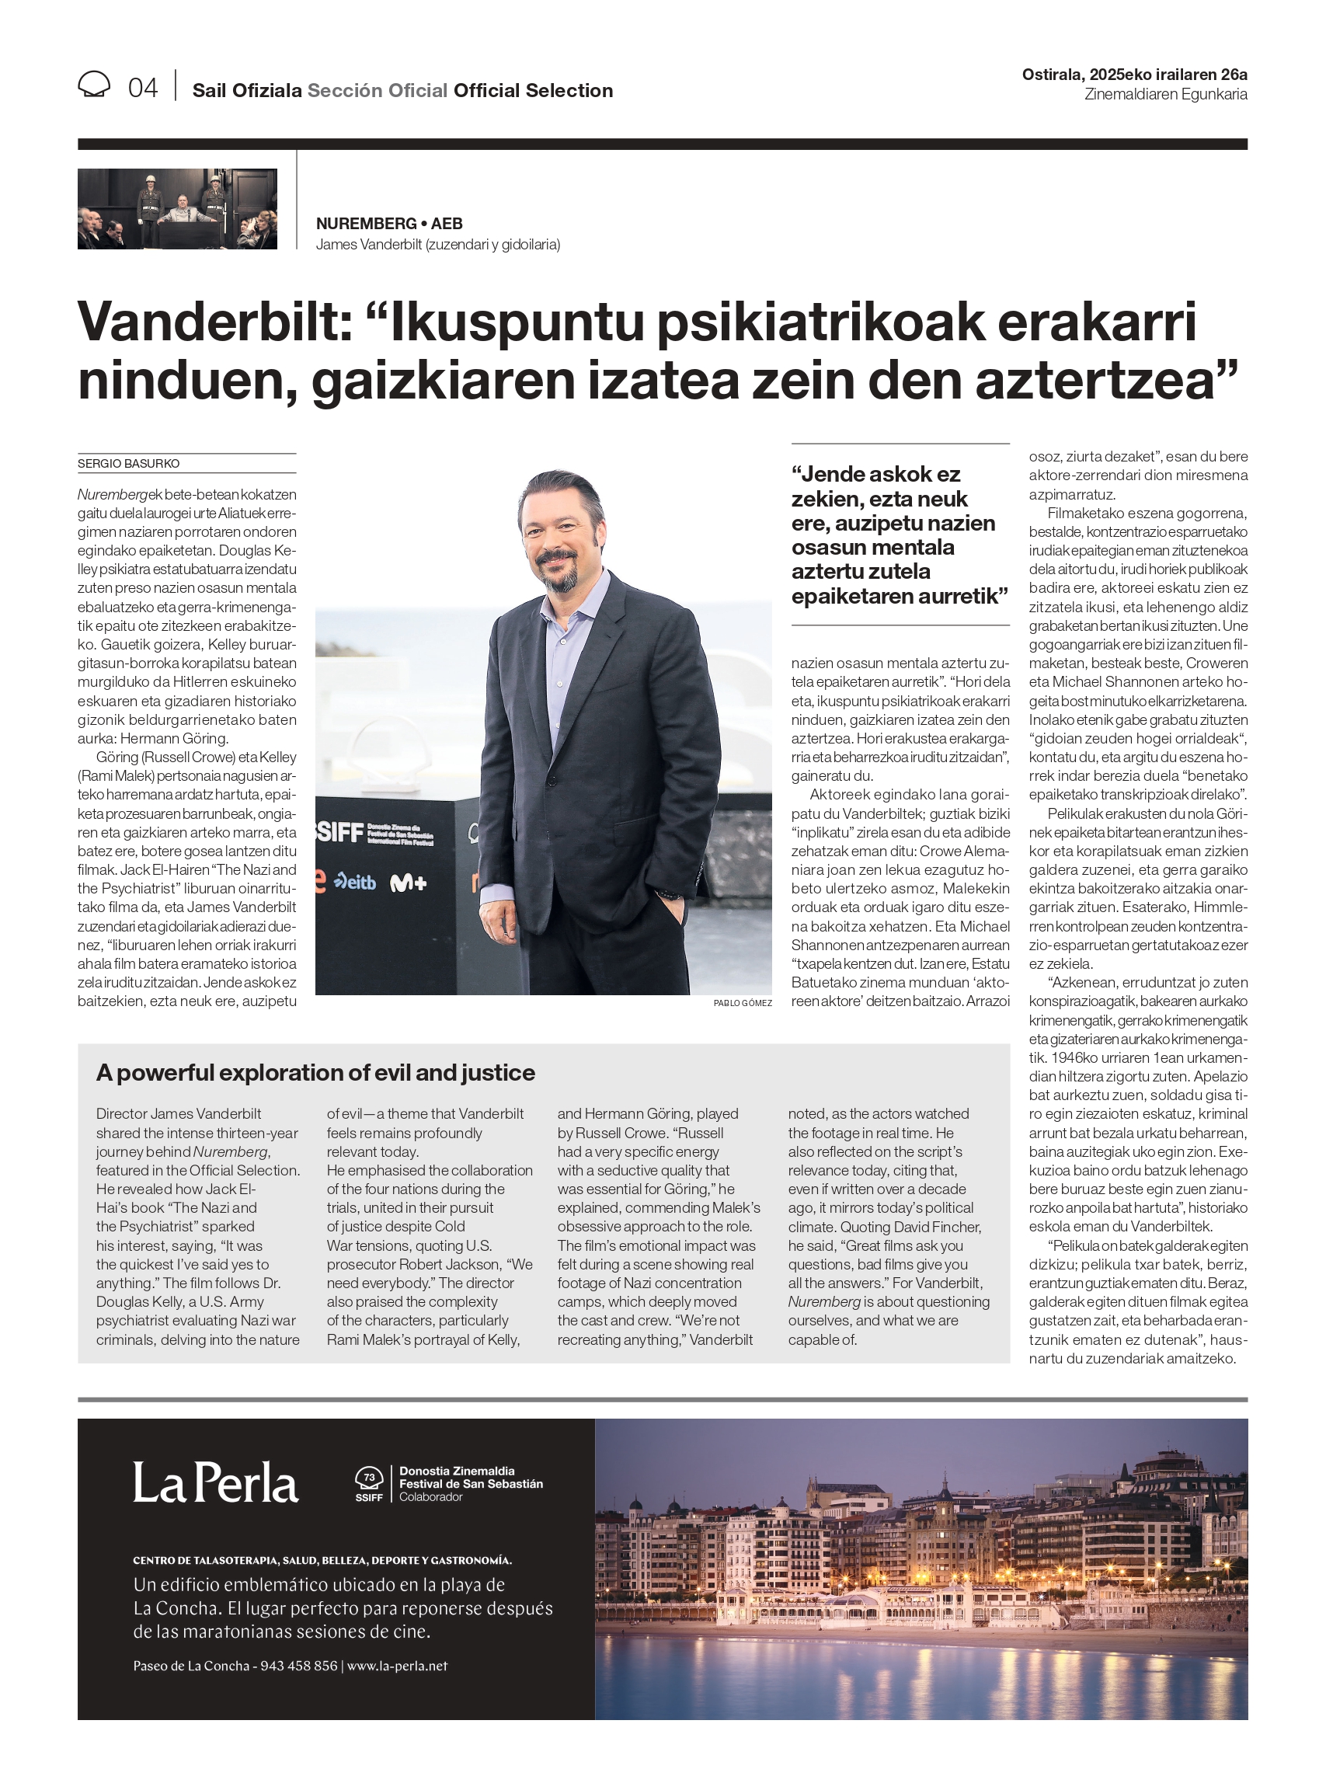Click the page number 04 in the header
click(x=143, y=88)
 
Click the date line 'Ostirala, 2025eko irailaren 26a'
click(x=1133, y=75)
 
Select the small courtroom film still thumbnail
click(x=177, y=209)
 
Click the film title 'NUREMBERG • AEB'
click(x=389, y=224)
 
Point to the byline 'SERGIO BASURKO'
click(x=128, y=464)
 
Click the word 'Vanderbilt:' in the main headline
click(x=214, y=322)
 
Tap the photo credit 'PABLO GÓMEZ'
click(x=743, y=1003)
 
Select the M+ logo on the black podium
click(x=408, y=884)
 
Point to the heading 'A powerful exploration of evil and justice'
click(x=315, y=1073)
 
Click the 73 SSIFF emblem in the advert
click(x=369, y=1484)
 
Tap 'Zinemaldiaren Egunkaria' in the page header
click(x=1165, y=95)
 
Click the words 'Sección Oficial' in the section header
click(x=378, y=91)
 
